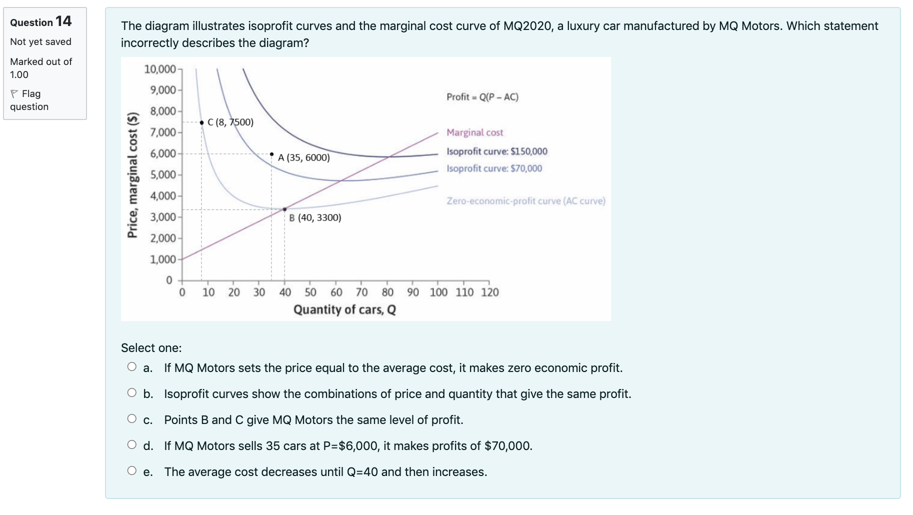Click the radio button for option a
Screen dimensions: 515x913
pyautogui.click(x=132, y=366)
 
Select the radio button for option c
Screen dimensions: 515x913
pyautogui.click(x=132, y=418)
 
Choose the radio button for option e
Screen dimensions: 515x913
pyautogui.click(x=132, y=470)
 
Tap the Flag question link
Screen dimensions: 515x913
pyautogui.click(x=29, y=100)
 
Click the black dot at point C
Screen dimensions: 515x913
pyautogui.click(x=201, y=122)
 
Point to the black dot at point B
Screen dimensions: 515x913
pyautogui.click(x=284, y=209)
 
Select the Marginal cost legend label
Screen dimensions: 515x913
pyautogui.click(x=474, y=132)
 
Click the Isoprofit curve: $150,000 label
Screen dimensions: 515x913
pyautogui.click(x=496, y=151)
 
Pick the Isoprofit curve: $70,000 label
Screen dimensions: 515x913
pyautogui.click(x=494, y=168)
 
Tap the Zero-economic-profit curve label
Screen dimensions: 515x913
pyautogui.click(x=525, y=201)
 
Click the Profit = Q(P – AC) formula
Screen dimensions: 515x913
pyautogui.click(x=482, y=97)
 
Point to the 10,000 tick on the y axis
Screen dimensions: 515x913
pyautogui.click(x=160, y=69)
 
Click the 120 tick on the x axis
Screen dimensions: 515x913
pyautogui.click(x=489, y=292)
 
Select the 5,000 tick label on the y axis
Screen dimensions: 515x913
pyautogui.click(x=163, y=175)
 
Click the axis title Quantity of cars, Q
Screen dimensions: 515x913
pyautogui.click(x=344, y=310)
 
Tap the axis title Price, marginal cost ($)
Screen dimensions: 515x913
pyautogui.click(x=132, y=175)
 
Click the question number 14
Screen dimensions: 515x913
pyautogui.click(x=63, y=21)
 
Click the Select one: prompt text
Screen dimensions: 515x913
pyautogui.click(x=151, y=348)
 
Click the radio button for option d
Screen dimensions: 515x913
pyautogui.click(x=132, y=444)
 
